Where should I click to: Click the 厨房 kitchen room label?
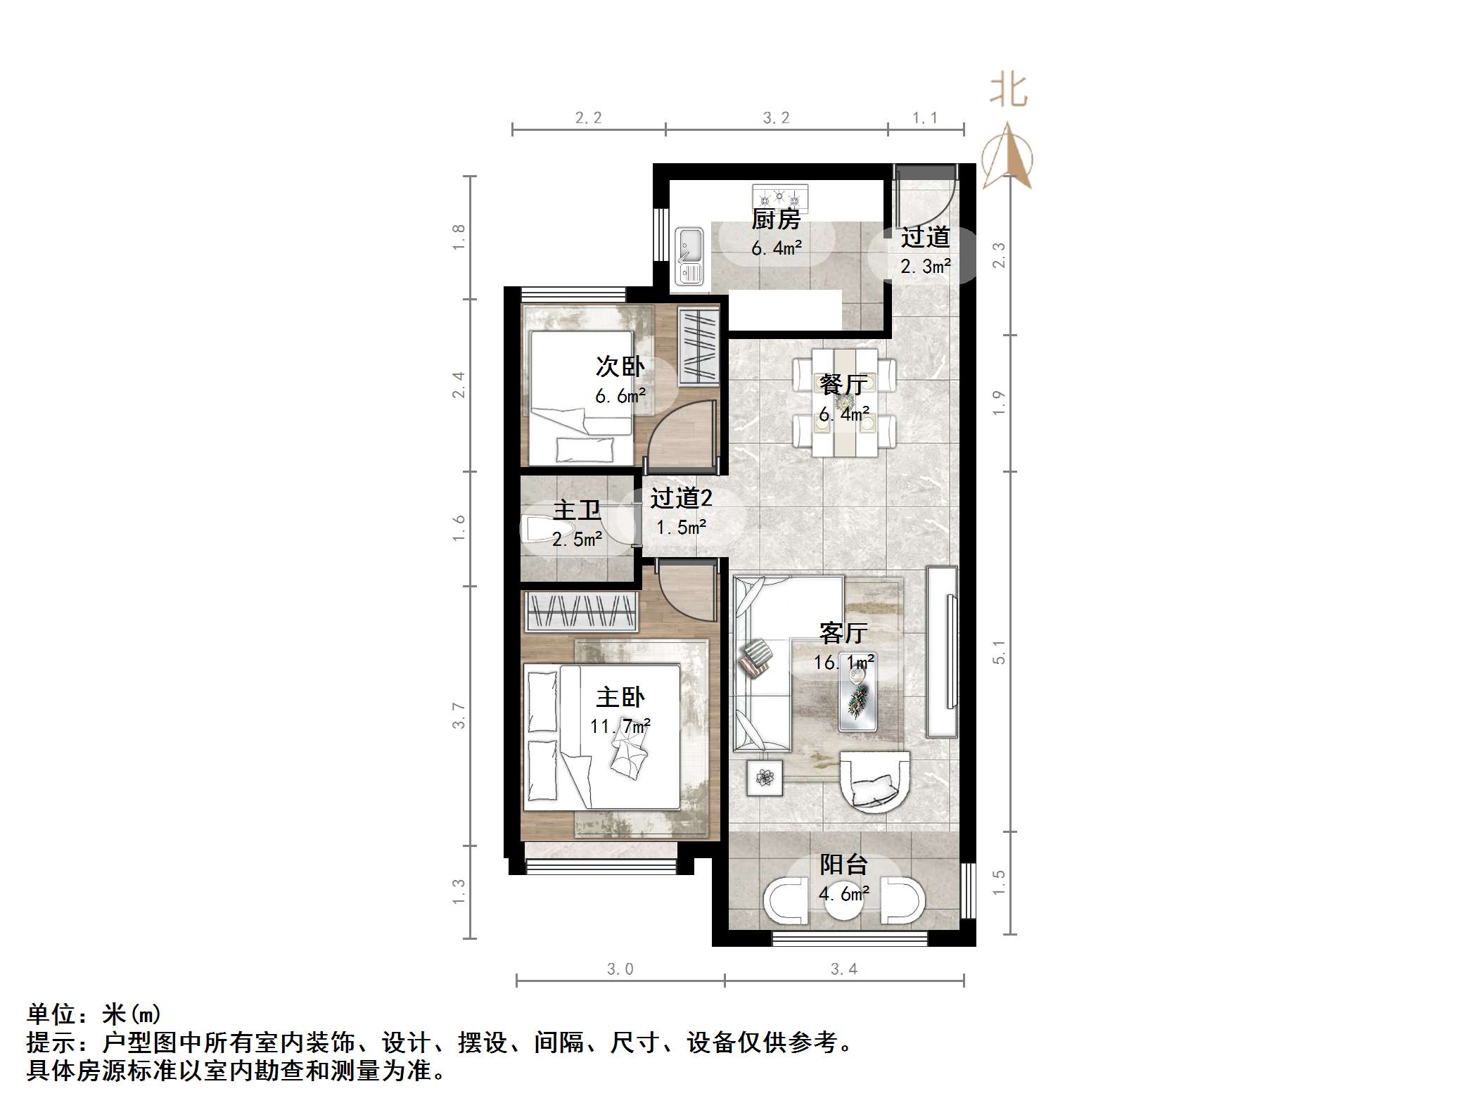pos(776,219)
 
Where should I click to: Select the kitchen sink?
pos(689,255)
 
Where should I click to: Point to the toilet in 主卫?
pos(538,529)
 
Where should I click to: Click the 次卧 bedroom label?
pos(620,366)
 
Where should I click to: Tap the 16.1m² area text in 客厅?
pos(843,662)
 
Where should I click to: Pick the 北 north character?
pos(1008,91)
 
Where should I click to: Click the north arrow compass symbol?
pos(1007,158)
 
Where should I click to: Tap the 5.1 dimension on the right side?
pos(999,652)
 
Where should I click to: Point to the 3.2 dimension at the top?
pos(776,118)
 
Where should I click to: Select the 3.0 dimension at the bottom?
pos(620,969)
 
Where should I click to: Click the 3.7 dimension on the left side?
pos(459,715)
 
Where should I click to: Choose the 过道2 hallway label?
pos(681,498)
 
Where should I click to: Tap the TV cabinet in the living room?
pos(942,651)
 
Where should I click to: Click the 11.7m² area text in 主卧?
pos(620,725)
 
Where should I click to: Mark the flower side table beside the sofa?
pos(765,777)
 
